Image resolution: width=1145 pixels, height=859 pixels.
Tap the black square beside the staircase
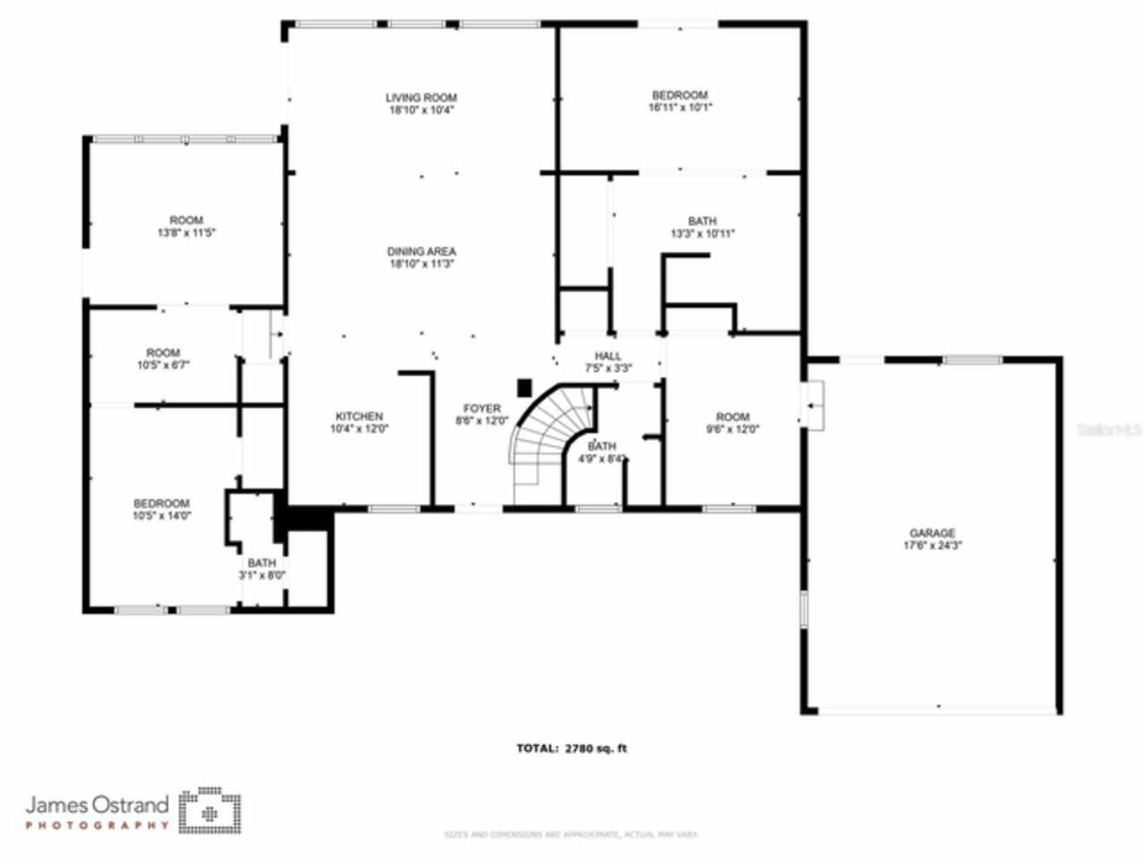[x=525, y=387]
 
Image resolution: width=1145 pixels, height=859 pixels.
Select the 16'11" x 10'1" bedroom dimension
[x=680, y=107]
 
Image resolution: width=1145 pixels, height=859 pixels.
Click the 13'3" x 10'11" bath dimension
[x=702, y=234]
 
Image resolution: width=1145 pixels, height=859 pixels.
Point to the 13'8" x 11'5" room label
[x=186, y=225]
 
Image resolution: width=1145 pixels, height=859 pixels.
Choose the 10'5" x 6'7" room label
[x=163, y=358]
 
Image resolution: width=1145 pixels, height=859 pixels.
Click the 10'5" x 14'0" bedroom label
[x=162, y=509]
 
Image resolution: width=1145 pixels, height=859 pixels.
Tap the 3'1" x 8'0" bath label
[x=262, y=569]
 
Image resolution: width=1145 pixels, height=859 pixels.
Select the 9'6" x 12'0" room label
[x=733, y=422]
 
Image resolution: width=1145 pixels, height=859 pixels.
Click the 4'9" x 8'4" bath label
[x=602, y=452]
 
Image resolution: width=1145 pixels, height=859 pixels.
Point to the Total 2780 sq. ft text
[x=572, y=748]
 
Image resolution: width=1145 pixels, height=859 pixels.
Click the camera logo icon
[x=210, y=811]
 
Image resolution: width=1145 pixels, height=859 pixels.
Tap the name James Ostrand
[x=97, y=804]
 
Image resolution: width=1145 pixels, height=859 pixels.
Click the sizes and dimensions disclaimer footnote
[x=572, y=835]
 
